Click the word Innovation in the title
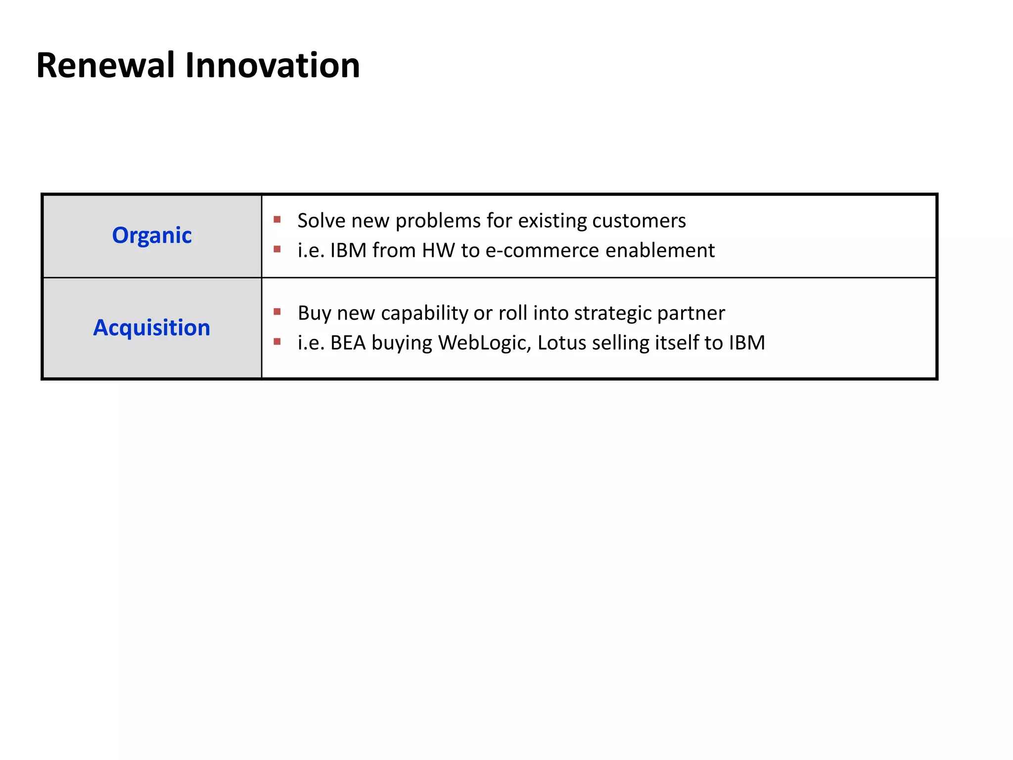point(272,66)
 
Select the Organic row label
point(152,236)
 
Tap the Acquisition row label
point(152,328)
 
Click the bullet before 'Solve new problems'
point(277,219)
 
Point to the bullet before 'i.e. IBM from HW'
point(277,249)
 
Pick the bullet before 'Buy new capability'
point(277,312)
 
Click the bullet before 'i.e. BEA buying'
point(277,341)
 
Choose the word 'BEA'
point(348,343)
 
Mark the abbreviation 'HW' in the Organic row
point(438,250)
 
